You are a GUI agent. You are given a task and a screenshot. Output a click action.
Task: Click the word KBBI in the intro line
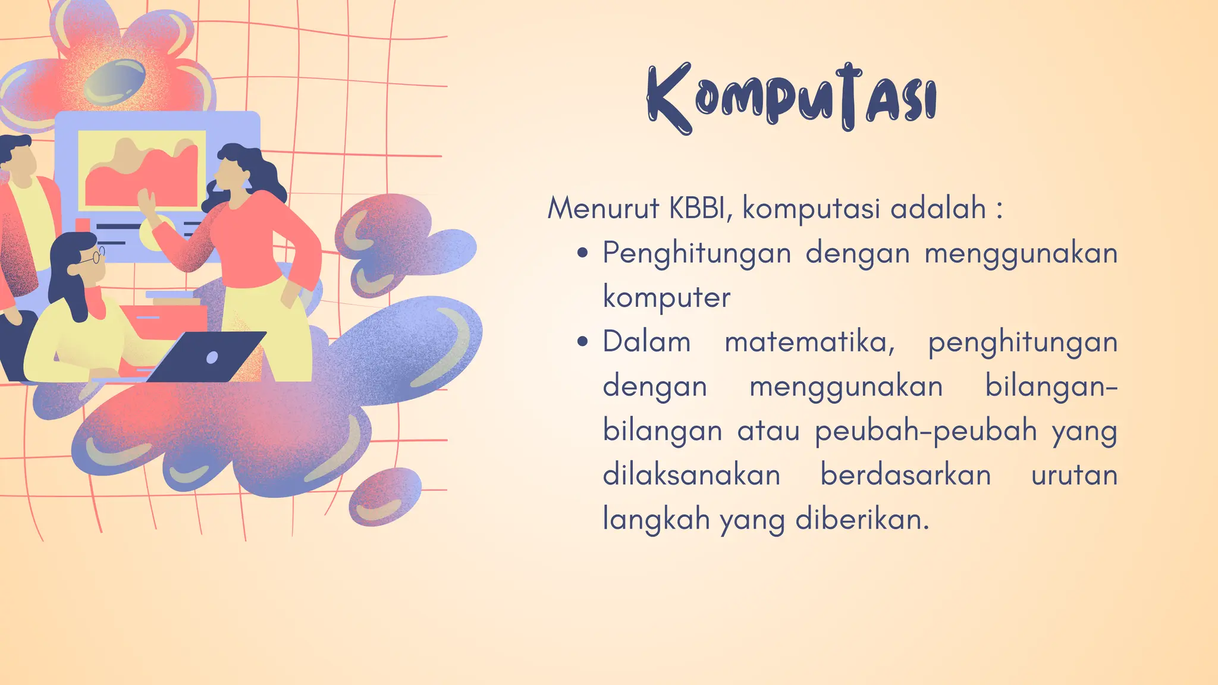pyautogui.click(x=697, y=208)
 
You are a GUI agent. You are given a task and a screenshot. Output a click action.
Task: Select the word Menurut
pyautogui.click(x=603, y=208)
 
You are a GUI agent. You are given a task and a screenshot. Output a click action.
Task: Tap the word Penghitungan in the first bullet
pyautogui.click(x=696, y=253)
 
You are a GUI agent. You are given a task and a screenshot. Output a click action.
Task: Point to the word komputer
pyautogui.click(x=666, y=297)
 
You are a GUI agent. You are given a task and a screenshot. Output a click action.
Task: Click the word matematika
pyautogui.click(x=809, y=342)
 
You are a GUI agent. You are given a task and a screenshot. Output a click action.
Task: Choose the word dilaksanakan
pyautogui.click(x=691, y=475)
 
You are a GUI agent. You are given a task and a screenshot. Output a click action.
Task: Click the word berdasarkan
pyautogui.click(x=905, y=475)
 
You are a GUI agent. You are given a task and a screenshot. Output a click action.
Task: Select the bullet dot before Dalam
pyautogui.click(x=583, y=342)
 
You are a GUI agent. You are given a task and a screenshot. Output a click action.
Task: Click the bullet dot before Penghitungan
pyautogui.click(x=583, y=253)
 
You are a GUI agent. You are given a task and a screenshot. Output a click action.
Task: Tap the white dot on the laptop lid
pyautogui.click(x=212, y=357)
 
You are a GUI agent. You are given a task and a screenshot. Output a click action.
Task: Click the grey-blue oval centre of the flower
pyautogui.click(x=115, y=81)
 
